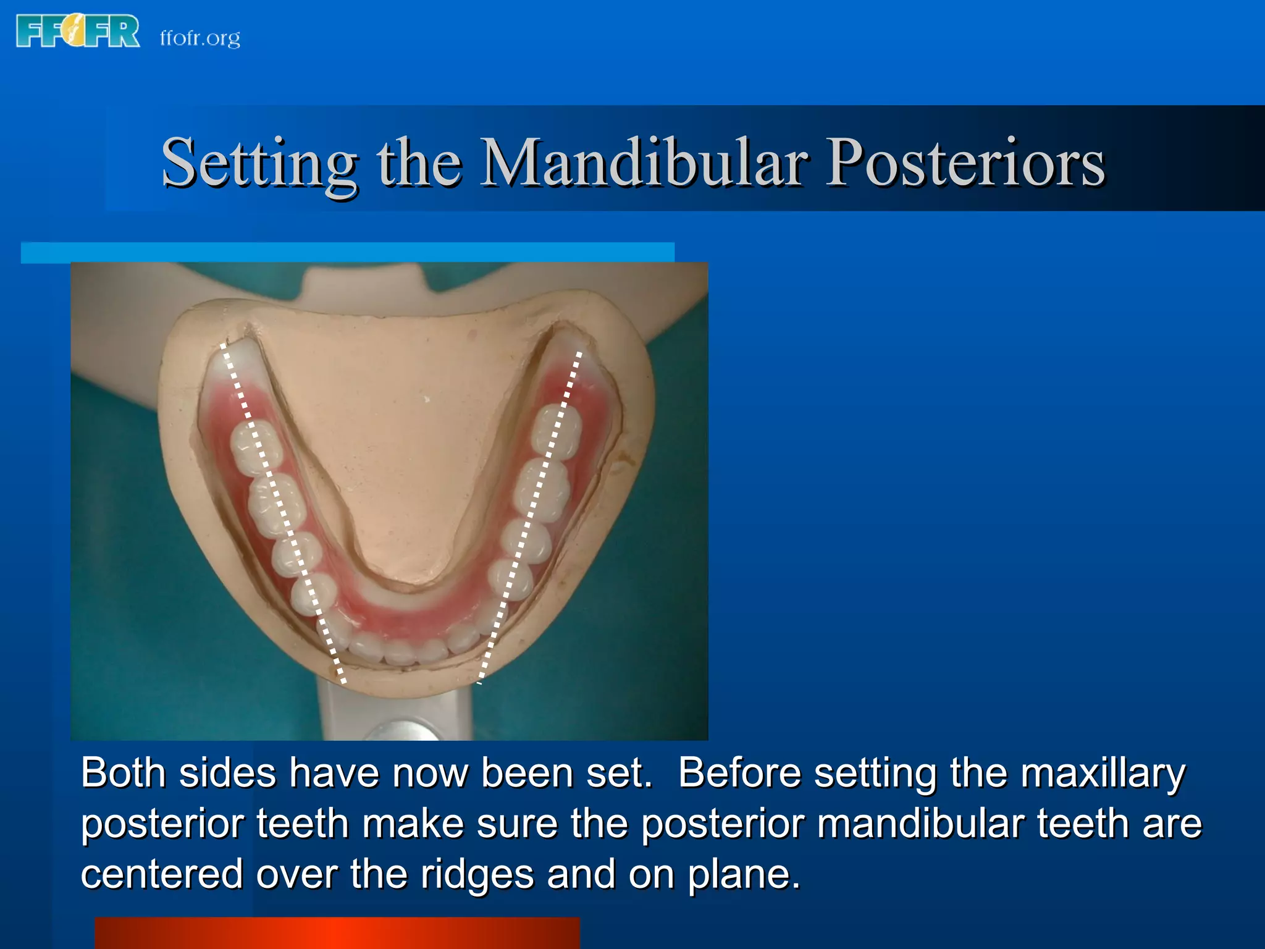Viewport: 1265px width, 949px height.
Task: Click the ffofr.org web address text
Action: (200, 38)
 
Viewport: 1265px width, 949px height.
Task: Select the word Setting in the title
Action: (259, 162)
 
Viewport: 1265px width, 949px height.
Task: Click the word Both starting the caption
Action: (123, 773)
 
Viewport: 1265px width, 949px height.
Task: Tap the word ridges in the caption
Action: (477, 874)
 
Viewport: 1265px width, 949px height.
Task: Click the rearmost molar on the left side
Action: (255, 448)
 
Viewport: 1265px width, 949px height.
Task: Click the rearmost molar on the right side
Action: (557, 431)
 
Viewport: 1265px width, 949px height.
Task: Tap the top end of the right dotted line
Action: (579, 353)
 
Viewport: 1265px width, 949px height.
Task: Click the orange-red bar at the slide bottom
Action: (337, 933)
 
